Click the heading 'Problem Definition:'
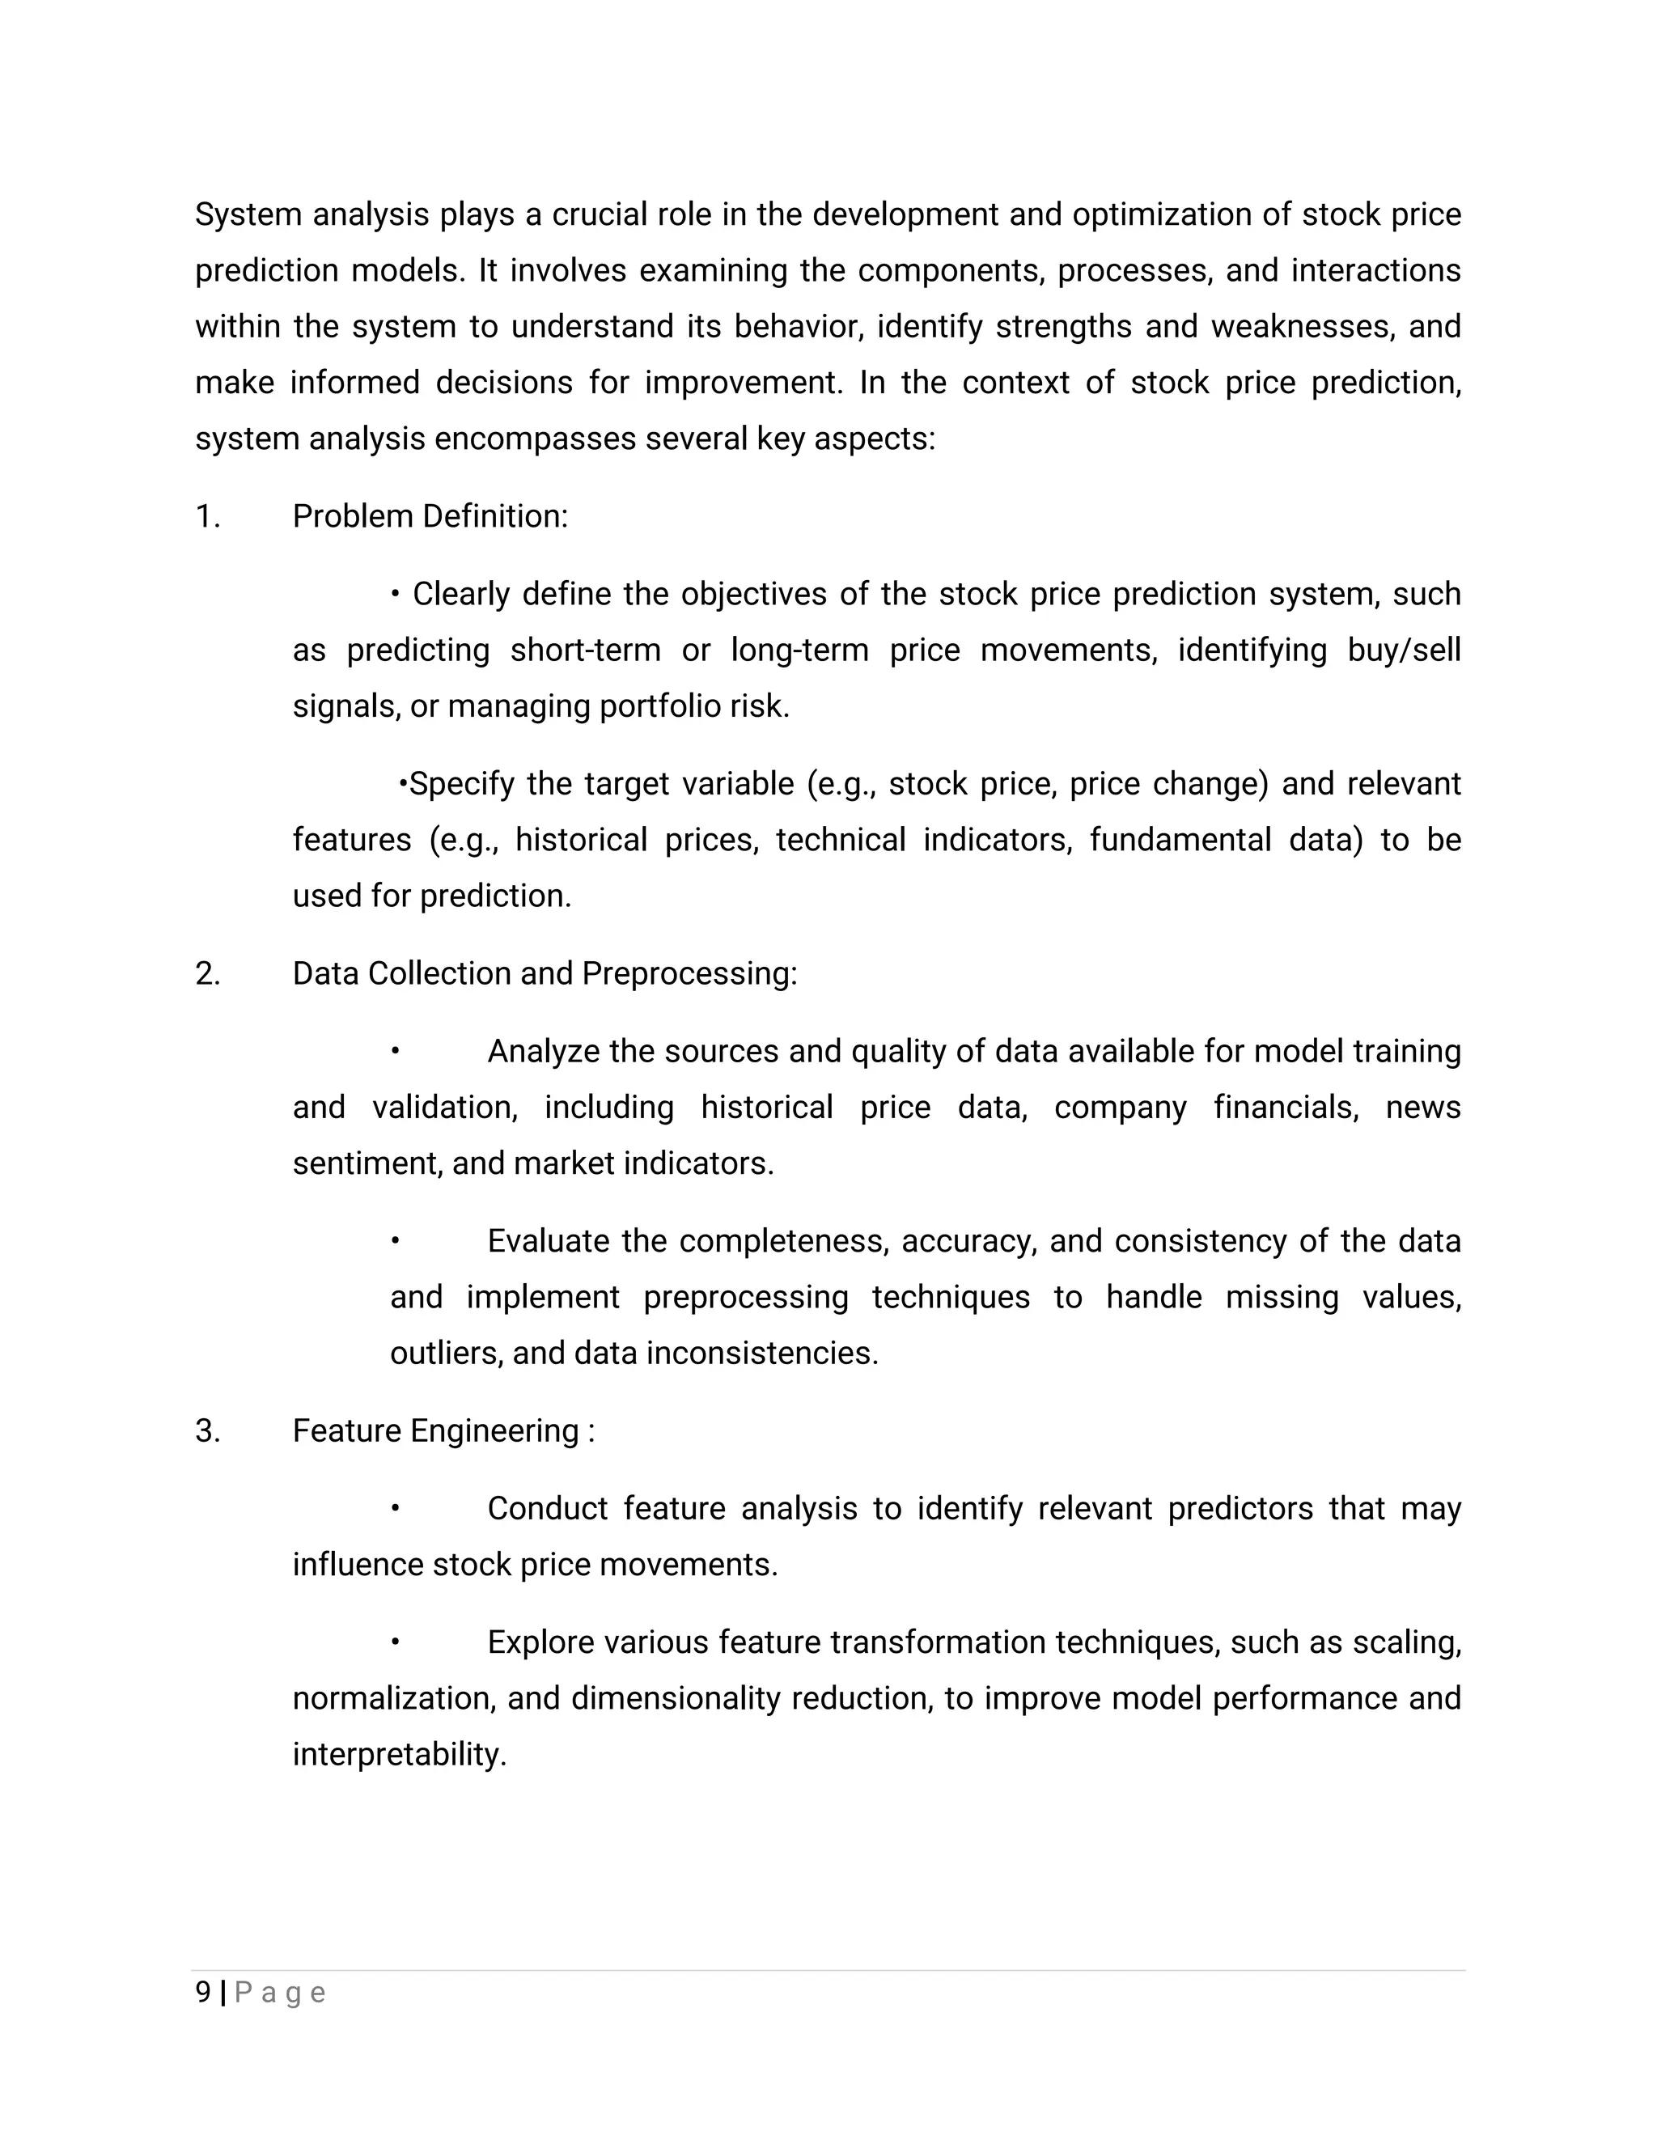(430, 516)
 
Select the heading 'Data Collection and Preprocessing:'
(545, 974)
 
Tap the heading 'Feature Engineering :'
(443, 1431)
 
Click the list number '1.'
(208, 516)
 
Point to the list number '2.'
(208, 974)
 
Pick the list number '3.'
(208, 1431)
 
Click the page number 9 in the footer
(203, 1993)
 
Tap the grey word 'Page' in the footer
(281, 1994)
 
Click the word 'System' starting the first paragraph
(248, 215)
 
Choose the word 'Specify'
(461, 784)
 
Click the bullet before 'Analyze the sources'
(395, 1053)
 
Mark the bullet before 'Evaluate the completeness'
(395, 1242)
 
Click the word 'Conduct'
(548, 1509)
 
